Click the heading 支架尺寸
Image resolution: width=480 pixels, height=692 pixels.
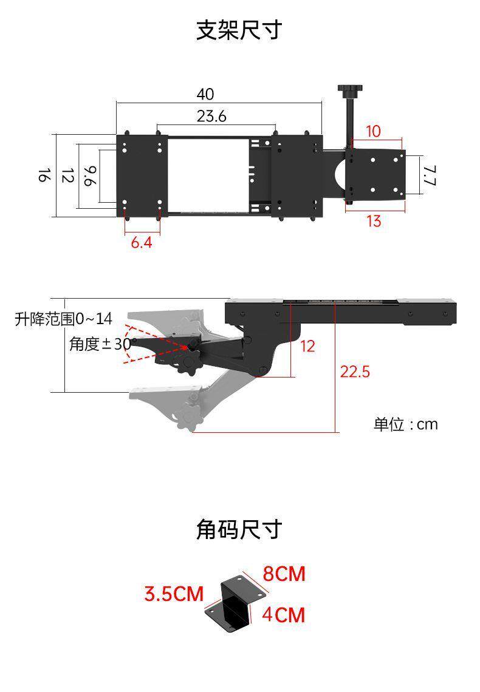(x=239, y=30)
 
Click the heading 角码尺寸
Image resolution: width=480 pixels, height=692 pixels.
(x=239, y=529)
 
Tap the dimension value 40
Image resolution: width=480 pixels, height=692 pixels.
(x=205, y=94)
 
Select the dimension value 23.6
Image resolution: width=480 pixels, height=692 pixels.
(x=211, y=116)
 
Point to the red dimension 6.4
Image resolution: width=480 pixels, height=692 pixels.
(x=141, y=243)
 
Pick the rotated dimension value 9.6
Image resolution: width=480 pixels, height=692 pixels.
(x=89, y=176)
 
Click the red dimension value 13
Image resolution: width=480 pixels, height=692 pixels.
(x=374, y=221)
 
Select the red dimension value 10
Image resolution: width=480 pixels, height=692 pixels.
(x=373, y=131)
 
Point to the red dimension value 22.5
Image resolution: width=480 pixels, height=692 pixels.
(x=354, y=371)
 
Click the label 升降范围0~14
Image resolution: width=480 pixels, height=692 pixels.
(x=64, y=319)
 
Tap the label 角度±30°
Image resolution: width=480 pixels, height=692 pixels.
(x=102, y=344)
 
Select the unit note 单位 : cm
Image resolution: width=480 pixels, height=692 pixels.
(x=405, y=424)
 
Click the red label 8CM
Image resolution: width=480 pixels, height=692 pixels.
(x=284, y=574)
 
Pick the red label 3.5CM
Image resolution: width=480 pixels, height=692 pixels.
(x=174, y=594)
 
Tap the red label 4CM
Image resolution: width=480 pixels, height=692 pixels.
(x=283, y=615)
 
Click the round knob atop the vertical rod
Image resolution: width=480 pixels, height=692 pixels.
(x=349, y=91)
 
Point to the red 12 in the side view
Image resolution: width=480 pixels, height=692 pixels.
(x=308, y=346)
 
